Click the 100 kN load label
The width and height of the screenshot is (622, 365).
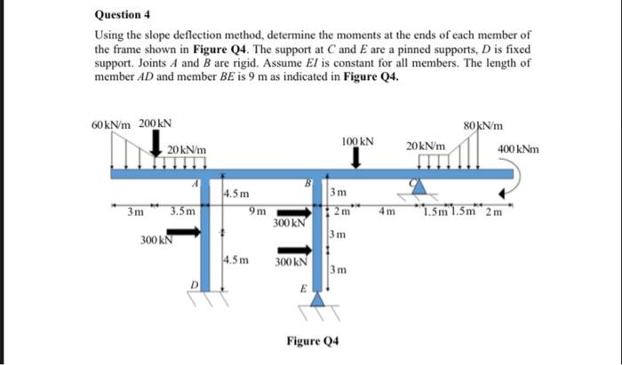tap(356, 141)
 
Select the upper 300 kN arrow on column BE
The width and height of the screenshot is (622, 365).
tap(299, 213)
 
